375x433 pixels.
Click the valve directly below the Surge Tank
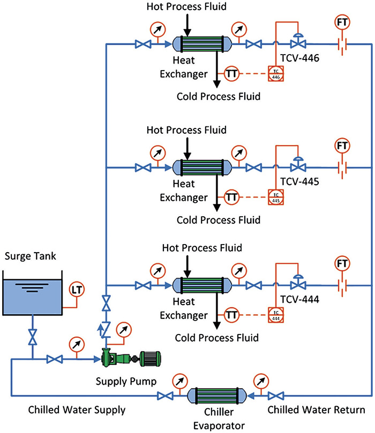tap(33, 338)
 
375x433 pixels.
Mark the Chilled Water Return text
tap(316, 410)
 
